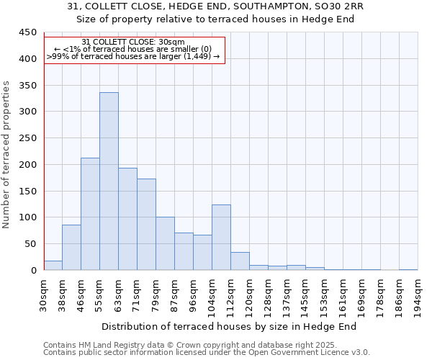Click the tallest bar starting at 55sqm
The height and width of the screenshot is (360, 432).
109,181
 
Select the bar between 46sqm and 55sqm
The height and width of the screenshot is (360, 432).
90,214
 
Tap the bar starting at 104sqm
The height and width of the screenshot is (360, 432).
221,238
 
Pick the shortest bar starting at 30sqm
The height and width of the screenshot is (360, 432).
53,265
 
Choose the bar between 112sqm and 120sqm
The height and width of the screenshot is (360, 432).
240,261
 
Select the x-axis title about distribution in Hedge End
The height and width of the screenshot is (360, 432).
229,326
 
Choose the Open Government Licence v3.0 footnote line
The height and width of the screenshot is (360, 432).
206,352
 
